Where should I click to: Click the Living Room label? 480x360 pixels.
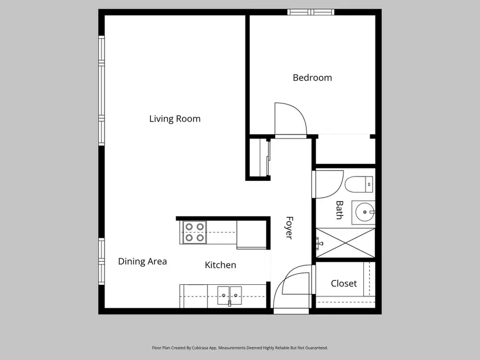pos(174,118)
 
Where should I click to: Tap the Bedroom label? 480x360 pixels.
pos(312,77)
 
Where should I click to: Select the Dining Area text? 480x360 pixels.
pos(142,261)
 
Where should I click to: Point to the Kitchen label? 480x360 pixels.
pos(220,265)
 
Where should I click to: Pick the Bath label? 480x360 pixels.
pos(339,210)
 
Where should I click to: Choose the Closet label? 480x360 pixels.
pos(343,284)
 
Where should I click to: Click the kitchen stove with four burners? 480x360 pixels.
pos(194,233)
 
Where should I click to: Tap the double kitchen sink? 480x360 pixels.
pos(229,294)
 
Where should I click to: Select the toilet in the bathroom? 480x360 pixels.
pos(359,185)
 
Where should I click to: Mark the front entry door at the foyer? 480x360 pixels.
pos(291,288)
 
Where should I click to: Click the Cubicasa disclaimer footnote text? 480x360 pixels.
pos(239,348)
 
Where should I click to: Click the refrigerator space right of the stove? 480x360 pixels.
pos(251,233)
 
